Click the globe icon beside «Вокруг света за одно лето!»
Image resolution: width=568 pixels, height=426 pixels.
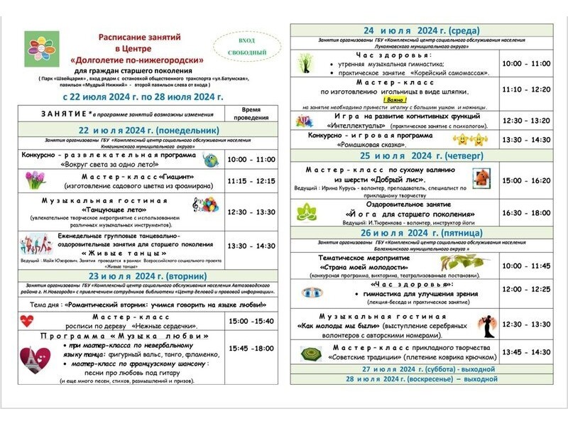pyautogui.click(x=211, y=159)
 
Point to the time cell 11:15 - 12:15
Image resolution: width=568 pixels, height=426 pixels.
pyautogui.click(x=251, y=181)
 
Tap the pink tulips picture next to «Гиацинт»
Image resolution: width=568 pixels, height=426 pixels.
pyautogui.click(x=35, y=180)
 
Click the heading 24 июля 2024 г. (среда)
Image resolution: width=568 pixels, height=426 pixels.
pyautogui.click(x=421, y=31)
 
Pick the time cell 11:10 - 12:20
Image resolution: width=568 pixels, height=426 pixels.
pyautogui.click(x=526, y=89)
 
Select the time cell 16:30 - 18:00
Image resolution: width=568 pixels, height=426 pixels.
pyautogui.click(x=526, y=212)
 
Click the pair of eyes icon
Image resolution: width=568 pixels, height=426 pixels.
pyautogui.click(x=313, y=291)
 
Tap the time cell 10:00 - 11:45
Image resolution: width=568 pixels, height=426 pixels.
pyautogui.click(x=526, y=266)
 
